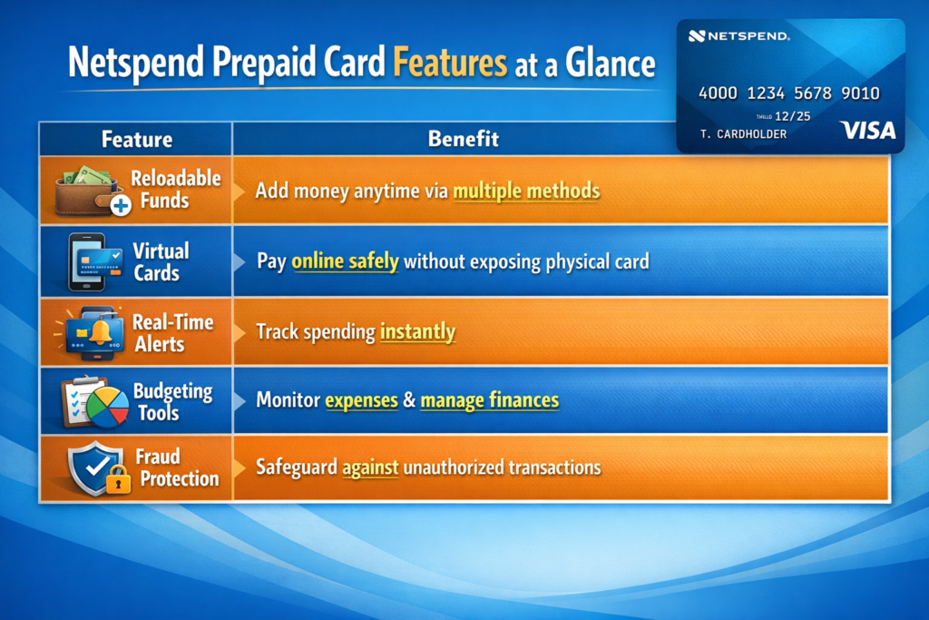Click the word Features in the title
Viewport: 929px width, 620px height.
[450, 63]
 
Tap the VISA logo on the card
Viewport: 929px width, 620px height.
[868, 131]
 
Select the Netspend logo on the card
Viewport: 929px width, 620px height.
[738, 36]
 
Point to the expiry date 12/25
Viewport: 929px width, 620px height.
[792, 116]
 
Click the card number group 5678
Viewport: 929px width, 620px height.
[812, 93]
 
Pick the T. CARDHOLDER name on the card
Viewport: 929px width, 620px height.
[743, 134]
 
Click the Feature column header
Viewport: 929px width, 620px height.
[137, 139]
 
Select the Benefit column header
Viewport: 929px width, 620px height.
[464, 139]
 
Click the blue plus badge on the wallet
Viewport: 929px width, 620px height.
[121, 206]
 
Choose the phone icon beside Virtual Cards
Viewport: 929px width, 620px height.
[86, 262]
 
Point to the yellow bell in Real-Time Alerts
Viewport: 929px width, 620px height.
[100, 332]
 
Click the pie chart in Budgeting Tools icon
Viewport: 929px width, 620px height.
[107, 408]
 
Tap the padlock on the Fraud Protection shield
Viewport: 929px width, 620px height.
[119, 479]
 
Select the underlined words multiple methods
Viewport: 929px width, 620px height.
[526, 192]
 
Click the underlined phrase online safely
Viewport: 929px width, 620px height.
[345, 261]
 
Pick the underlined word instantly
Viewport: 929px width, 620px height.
[417, 332]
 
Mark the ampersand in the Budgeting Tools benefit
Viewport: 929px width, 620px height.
[409, 400]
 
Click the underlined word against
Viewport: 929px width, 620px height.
[370, 468]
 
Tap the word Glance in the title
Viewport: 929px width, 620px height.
[610, 63]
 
